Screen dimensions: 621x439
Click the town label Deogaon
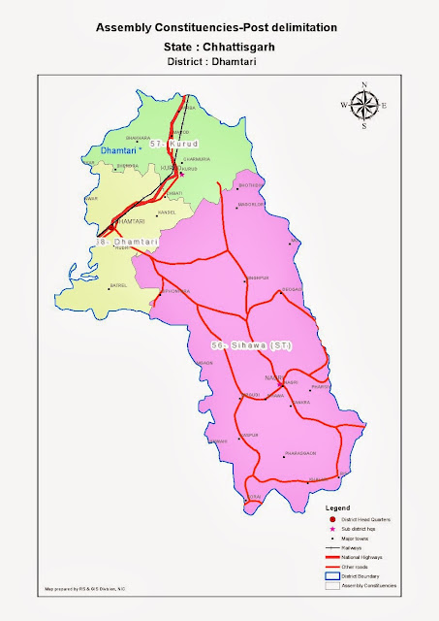292,290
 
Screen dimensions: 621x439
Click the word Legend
336,507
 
